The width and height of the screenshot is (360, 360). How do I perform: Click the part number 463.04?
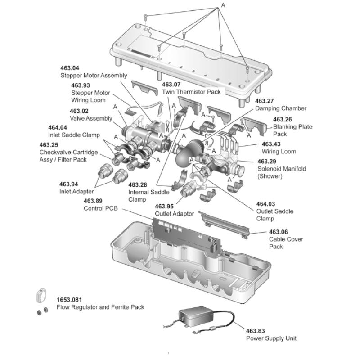coord(70,68)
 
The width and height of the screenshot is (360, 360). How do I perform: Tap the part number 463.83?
coord(255,331)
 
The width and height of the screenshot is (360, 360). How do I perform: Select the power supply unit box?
coord(196,316)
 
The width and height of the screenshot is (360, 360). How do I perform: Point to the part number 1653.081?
coord(69,300)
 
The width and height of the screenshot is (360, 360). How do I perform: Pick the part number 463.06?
coord(279,232)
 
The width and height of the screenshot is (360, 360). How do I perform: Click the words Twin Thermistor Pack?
coord(191,92)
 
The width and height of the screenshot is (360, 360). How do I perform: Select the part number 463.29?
coord(267,162)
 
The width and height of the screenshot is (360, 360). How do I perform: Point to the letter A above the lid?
coord(223,5)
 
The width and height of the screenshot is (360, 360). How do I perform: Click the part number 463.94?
coord(69,184)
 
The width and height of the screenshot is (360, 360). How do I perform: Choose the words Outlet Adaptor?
coord(175,214)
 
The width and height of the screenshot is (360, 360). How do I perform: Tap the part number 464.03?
coord(265,204)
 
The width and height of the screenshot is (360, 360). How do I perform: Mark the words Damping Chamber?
coord(281,108)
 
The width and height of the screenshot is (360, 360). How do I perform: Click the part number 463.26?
coord(283,119)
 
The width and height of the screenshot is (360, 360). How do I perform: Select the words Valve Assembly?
coord(91,118)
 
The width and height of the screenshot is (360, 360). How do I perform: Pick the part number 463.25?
coord(49,145)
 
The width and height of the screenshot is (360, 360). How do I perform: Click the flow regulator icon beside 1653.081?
coord(41,296)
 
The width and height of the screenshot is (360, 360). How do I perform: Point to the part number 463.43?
coord(271,144)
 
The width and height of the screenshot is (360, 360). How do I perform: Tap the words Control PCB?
coord(100,208)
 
